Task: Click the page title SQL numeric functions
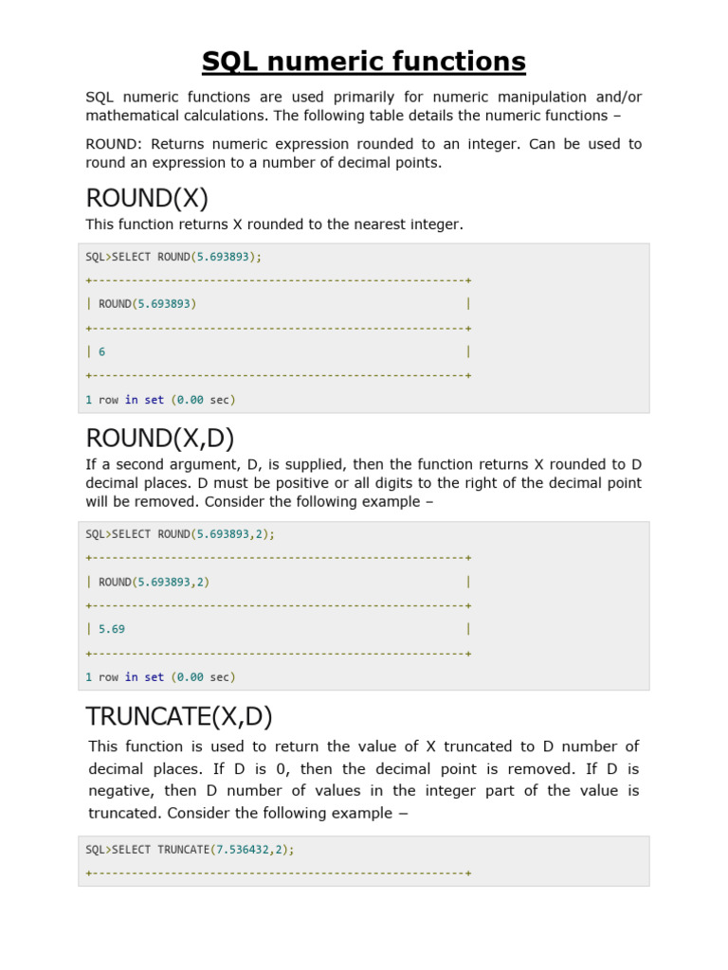pyautogui.click(x=364, y=63)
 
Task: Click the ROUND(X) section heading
pyautogui.click(x=147, y=199)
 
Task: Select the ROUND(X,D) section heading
pyautogui.click(x=160, y=439)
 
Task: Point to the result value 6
pyautogui.click(x=101, y=351)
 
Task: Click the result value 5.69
pyautogui.click(x=112, y=629)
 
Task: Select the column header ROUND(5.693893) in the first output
pyautogui.click(x=148, y=304)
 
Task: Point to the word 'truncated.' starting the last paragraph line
pyautogui.click(x=125, y=813)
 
